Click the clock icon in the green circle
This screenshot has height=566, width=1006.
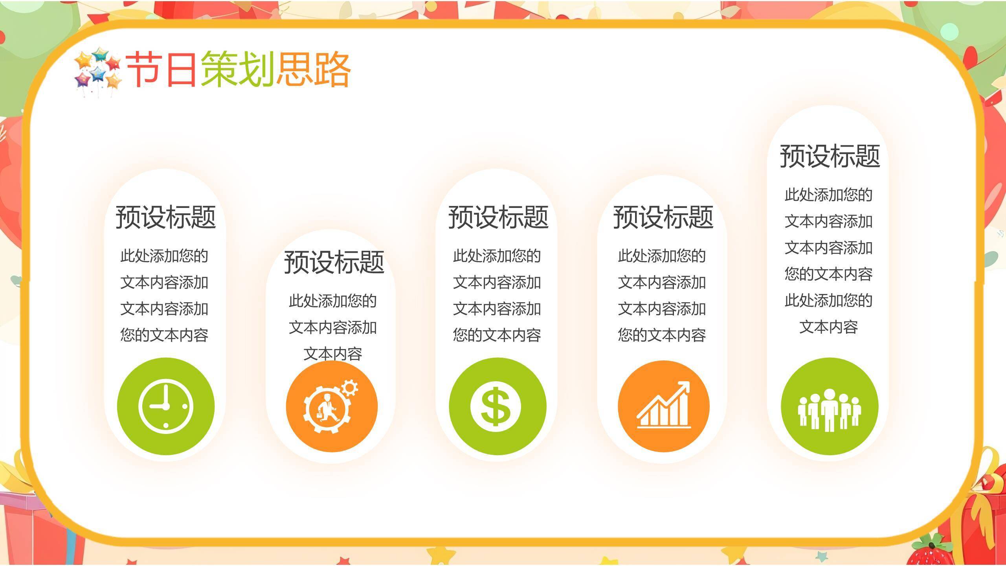(165, 406)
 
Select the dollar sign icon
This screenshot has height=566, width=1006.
(497, 406)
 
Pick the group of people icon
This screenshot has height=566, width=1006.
(829, 409)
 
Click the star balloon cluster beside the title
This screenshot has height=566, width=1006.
(98, 71)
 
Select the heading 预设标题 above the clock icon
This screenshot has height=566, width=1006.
(165, 217)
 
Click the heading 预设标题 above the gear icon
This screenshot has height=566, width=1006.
(334, 262)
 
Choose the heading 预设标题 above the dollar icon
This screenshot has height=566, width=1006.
(498, 217)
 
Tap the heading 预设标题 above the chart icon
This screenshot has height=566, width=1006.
(663, 217)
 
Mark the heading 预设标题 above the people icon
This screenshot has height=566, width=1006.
(830, 156)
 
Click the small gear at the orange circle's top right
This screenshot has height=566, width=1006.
(349, 388)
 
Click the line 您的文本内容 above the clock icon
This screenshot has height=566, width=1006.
(164, 335)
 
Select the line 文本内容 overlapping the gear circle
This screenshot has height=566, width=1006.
(332, 354)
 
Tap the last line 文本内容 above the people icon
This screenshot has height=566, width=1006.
(828, 327)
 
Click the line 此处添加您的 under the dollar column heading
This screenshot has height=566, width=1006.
(497, 256)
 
